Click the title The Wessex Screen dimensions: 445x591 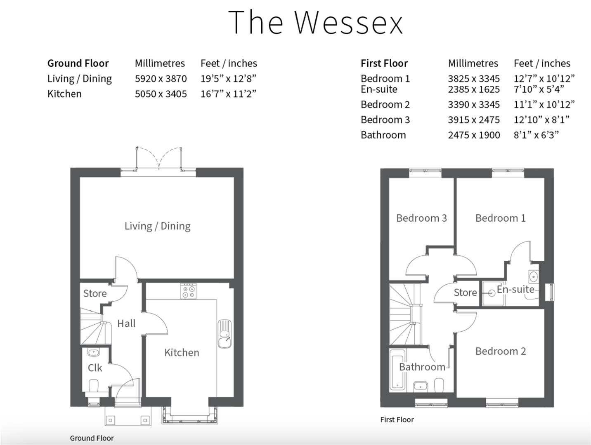[x=315, y=22]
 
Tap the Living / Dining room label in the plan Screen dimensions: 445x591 [x=157, y=226]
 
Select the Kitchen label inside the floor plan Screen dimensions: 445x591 [x=182, y=353]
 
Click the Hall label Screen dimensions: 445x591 [x=126, y=323]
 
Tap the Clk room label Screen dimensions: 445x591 [x=95, y=368]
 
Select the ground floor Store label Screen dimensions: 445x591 [x=95, y=293]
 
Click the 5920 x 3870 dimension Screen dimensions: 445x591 [x=161, y=79]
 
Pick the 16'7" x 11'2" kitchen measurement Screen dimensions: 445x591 [x=228, y=94]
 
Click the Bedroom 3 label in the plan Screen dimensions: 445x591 [x=421, y=218]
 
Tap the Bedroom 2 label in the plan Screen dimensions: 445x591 [x=501, y=351]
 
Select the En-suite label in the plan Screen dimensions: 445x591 [x=515, y=289]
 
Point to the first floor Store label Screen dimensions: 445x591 [x=465, y=293]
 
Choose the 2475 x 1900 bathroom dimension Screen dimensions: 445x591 [x=474, y=135]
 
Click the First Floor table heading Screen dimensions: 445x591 [x=384, y=63]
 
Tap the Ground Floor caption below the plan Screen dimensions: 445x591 [x=92, y=438]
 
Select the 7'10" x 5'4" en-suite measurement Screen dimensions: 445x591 [x=539, y=89]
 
